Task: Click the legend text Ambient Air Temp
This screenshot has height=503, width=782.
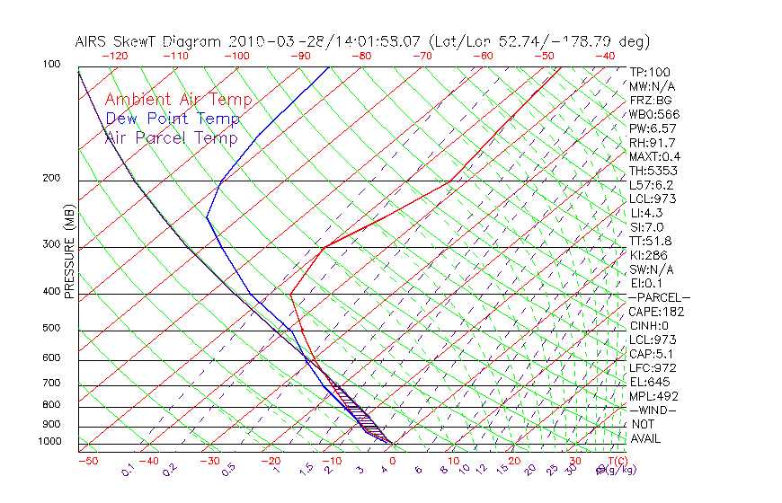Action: tap(178, 100)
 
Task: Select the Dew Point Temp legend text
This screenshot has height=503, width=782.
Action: tap(172, 119)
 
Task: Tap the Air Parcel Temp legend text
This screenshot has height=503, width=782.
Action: tap(171, 137)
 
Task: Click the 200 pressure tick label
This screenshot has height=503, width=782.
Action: tap(52, 178)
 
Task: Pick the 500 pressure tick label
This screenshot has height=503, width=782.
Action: tap(52, 328)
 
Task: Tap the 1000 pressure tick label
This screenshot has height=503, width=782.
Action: tap(49, 441)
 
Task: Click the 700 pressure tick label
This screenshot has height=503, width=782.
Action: tap(52, 384)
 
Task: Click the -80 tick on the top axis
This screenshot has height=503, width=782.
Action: tap(361, 55)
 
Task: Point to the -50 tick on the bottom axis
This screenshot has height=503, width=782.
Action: tap(87, 461)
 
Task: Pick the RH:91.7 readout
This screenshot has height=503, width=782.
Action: tap(652, 143)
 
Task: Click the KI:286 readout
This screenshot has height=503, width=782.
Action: tap(649, 255)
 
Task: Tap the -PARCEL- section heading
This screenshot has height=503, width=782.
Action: tap(659, 297)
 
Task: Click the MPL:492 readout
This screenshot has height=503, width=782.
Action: tap(653, 396)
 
